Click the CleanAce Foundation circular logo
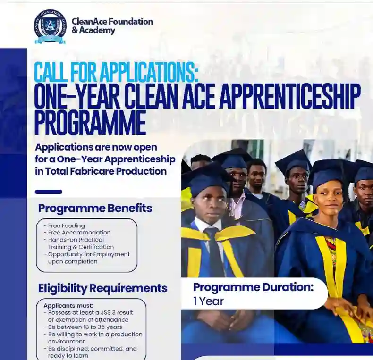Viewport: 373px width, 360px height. pos(50,26)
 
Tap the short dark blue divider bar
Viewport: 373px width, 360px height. pos(49,192)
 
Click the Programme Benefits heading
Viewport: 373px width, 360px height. pos(95,208)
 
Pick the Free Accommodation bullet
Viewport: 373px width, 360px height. pos(79,233)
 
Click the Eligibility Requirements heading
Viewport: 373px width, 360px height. pos(102,288)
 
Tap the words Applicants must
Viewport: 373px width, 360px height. pos(68,305)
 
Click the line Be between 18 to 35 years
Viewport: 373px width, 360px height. pos(85,327)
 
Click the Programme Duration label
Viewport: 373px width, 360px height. pos(253,287)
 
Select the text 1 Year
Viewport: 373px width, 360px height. pos(208,301)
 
